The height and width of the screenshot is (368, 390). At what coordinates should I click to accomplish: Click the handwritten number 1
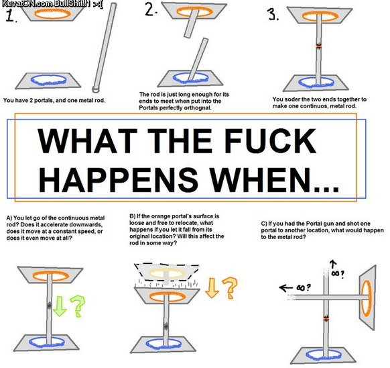(10, 15)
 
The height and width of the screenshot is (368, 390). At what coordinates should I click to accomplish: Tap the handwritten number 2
(150, 11)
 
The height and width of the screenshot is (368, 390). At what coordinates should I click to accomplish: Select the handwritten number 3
(272, 14)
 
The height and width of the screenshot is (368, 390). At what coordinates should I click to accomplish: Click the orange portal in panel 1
(52, 13)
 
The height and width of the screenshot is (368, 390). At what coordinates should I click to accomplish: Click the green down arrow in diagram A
(60, 306)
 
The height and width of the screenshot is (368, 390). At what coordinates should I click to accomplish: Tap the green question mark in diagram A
(78, 306)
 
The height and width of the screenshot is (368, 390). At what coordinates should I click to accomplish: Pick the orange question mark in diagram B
(230, 287)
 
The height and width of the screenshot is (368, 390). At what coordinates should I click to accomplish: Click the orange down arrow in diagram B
(212, 288)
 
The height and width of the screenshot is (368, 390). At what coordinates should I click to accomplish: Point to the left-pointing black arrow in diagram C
(285, 288)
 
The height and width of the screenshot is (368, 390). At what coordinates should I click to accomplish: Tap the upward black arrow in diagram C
(333, 265)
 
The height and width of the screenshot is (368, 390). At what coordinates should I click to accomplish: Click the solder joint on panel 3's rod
(319, 46)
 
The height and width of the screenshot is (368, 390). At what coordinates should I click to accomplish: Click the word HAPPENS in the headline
(119, 179)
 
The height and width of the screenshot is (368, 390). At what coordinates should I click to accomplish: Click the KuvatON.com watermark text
(27, 4)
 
